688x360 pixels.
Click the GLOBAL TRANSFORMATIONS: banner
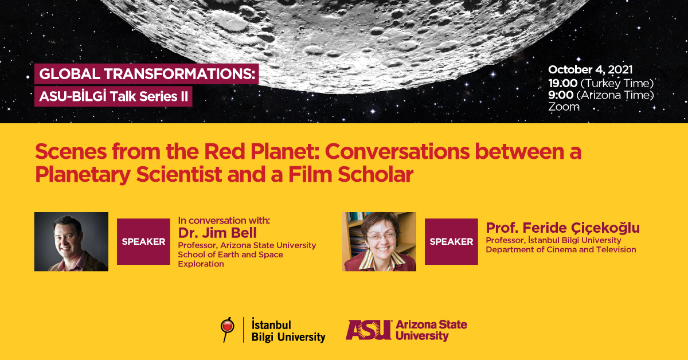(x=147, y=74)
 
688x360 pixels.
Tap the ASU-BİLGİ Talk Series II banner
(x=114, y=96)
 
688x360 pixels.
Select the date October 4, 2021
(x=591, y=70)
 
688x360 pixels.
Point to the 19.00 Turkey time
(x=601, y=83)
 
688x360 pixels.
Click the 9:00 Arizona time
(x=601, y=95)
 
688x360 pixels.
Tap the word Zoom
(x=564, y=107)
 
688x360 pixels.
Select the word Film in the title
(x=310, y=174)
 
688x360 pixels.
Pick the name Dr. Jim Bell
(x=217, y=233)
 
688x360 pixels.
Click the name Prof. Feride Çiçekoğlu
(x=562, y=228)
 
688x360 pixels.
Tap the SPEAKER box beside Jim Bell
(x=143, y=241)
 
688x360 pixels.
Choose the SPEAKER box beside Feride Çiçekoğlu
(x=451, y=241)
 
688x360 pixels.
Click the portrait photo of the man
(x=71, y=241)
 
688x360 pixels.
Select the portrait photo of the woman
(x=379, y=241)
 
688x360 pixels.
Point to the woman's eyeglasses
(x=381, y=237)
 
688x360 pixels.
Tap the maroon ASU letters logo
(x=369, y=330)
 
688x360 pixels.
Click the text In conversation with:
(x=224, y=221)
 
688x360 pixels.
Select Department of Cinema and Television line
(x=561, y=249)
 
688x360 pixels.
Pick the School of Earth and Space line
(x=230, y=255)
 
